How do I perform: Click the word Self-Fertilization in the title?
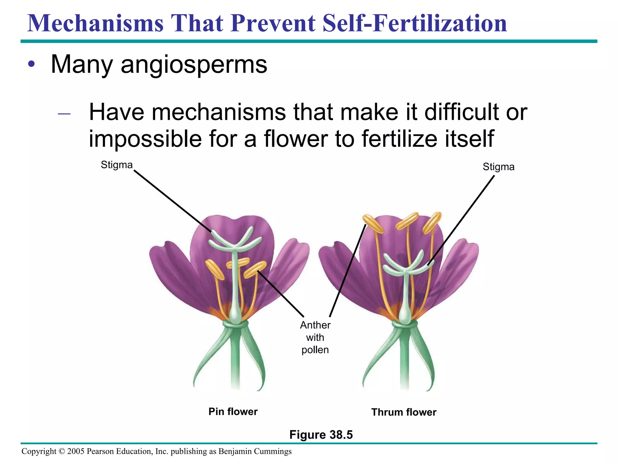pos(415,23)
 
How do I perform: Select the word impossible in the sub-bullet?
pos(145,139)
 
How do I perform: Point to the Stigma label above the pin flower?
pos(116,165)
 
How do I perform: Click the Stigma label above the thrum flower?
pos(498,167)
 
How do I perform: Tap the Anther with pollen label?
pos(315,337)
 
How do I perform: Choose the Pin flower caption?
pos(233,411)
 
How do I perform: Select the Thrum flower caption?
pos(403,412)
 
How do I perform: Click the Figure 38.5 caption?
pos(321,435)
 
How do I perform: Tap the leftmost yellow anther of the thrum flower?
pos(373,224)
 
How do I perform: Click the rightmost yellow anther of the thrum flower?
pos(432,222)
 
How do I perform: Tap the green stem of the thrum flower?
pos(404,362)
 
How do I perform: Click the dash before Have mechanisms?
pos(64,114)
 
